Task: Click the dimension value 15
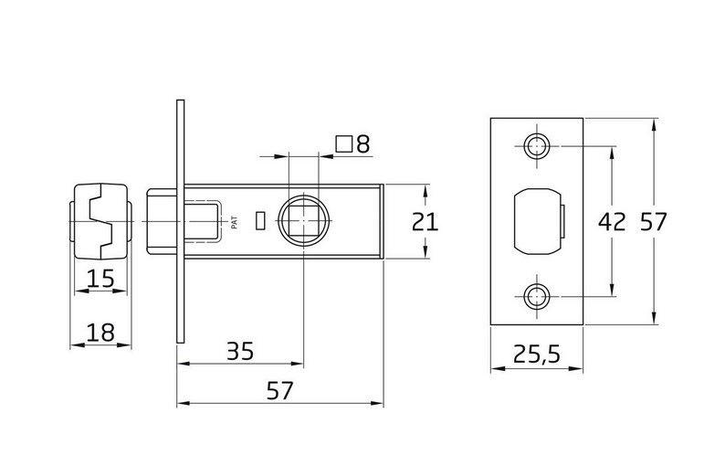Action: [x=100, y=279]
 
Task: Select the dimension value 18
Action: [x=100, y=334]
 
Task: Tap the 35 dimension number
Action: [x=240, y=352]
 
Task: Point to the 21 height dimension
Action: [x=425, y=222]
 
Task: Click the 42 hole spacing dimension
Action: [x=612, y=222]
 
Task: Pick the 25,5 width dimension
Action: [x=537, y=355]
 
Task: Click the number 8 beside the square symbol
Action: [x=363, y=144]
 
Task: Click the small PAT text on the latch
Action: [x=235, y=222]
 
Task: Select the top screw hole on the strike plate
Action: [x=537, y=146]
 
